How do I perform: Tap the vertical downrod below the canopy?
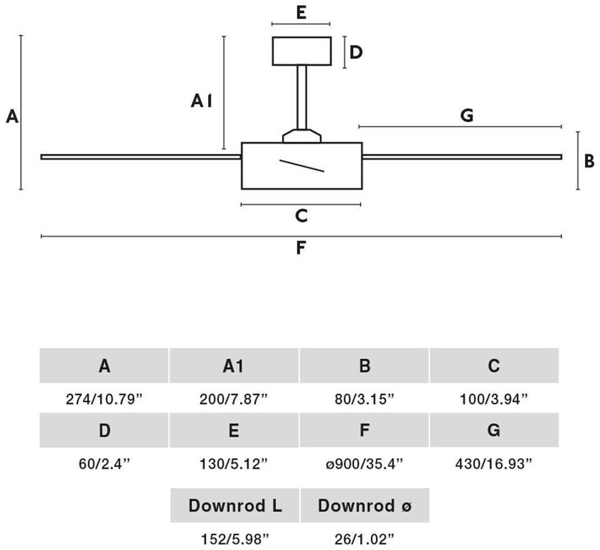coord(301,97)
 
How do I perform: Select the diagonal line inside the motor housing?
coord(302,166)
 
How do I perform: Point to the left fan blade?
coord(141,157)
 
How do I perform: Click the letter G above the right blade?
coord(467,115)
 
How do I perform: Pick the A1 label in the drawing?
coord(201,101)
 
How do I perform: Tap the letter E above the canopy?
coord(301,13)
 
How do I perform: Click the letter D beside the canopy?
coord(356,52)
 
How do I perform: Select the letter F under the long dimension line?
coord(301,248)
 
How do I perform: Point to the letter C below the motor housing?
coord(301,216)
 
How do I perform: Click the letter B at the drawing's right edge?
coord(589,161)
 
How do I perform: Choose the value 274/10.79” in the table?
coord(104,399)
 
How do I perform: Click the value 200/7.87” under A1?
coord(234,399)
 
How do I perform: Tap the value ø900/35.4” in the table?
coord(364,464)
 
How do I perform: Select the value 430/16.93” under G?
coord(494,464)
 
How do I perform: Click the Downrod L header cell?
coord(234,505)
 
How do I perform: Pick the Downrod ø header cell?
coord(364,505)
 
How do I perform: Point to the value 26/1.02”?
coord(364,539)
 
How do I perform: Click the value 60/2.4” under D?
coord(104,464)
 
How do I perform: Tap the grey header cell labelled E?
coord(234,430)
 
